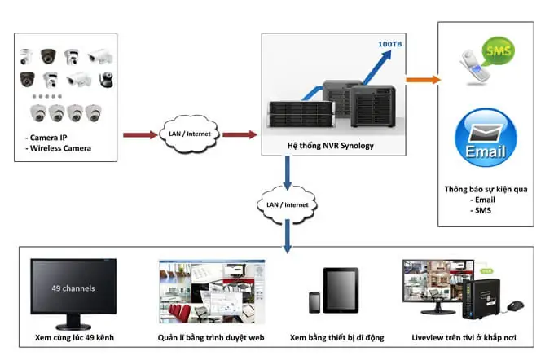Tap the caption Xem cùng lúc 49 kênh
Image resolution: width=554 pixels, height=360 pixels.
pyautogui.click(x=73, y=336)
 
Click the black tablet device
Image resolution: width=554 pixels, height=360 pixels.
pyautogui.click(x=341, y=291)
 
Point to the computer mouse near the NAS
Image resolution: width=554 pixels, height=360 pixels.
pyautogui.click(x=514, y=306)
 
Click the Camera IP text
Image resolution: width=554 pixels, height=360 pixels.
pyautogui.click(x=48, y=137)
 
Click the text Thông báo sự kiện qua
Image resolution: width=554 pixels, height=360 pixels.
pyautogui.click(x=485, y=189)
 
